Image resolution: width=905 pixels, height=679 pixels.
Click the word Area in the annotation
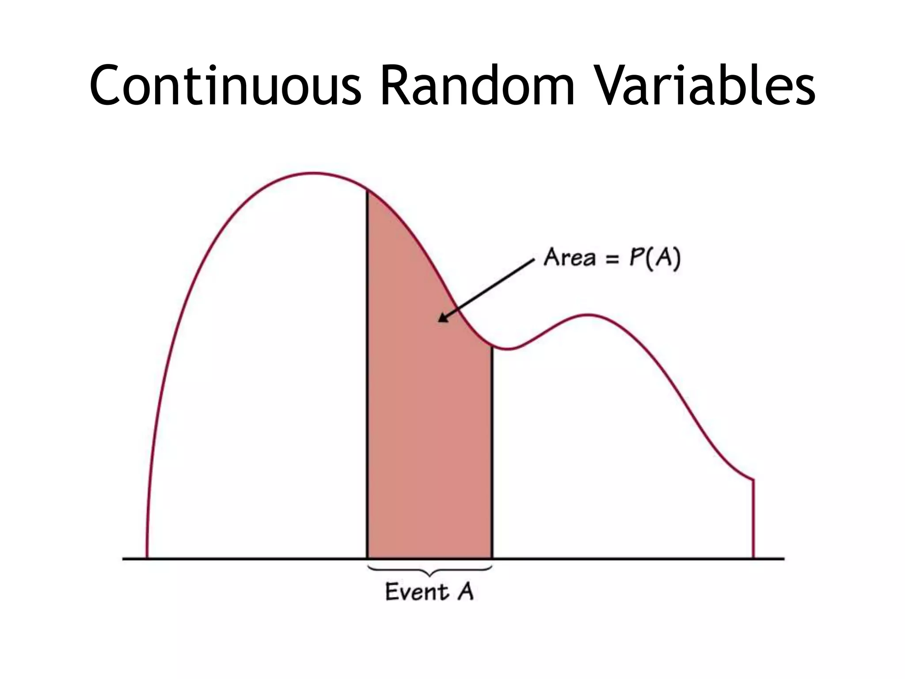(570, 257)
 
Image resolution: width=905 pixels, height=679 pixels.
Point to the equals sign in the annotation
(612, 259)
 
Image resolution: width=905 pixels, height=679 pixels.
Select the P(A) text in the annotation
(654, 258)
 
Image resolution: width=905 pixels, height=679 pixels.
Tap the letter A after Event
(465, 592)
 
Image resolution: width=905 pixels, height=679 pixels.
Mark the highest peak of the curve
(314, 173)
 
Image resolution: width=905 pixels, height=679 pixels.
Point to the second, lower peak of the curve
(589, 315)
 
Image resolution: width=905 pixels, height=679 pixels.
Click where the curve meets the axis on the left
(147, 558)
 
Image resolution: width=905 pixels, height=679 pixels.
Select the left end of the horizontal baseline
(124, 559)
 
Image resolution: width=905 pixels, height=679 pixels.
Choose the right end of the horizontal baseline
(783, 559)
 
